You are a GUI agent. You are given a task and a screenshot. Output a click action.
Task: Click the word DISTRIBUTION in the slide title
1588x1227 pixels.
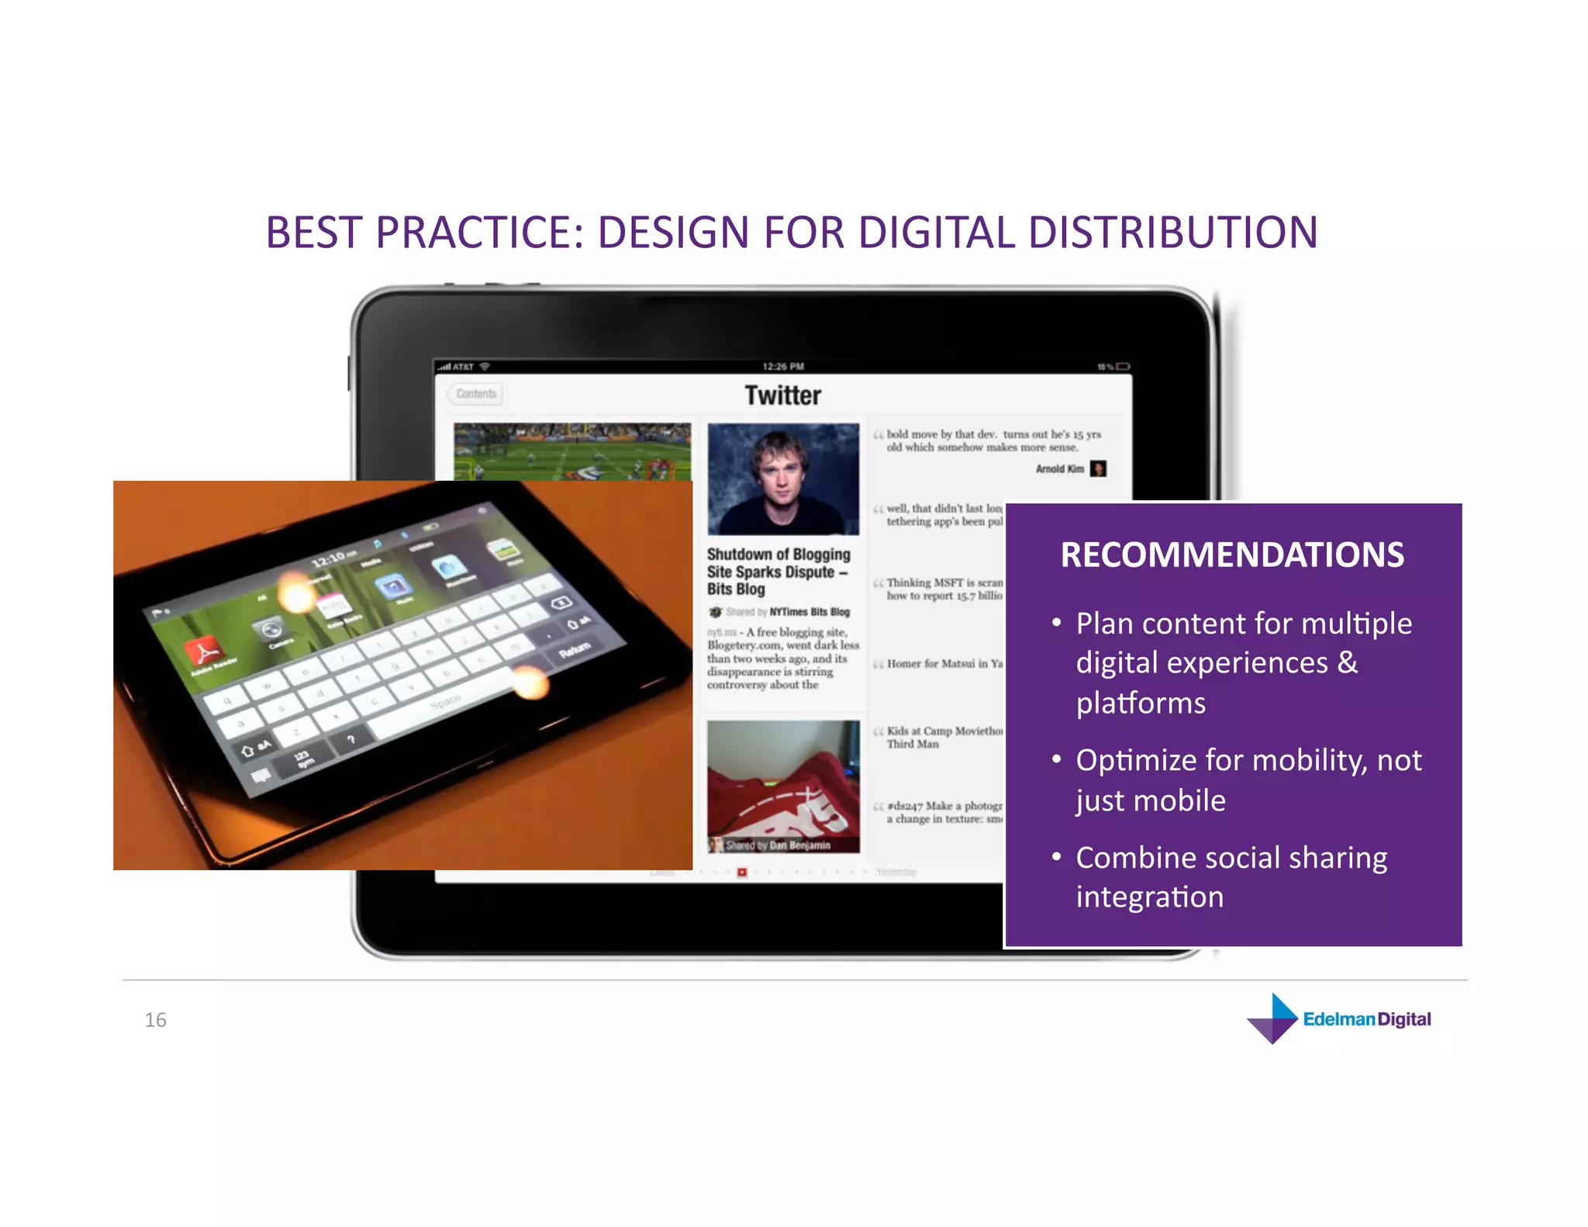tap(1172, 233)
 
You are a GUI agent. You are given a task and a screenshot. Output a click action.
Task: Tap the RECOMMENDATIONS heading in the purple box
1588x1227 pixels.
tap(1231, 555)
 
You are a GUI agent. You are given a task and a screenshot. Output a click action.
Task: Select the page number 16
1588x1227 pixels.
tap(155, 1020)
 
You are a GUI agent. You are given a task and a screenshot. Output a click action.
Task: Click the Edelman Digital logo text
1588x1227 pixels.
tap(1366, 1019)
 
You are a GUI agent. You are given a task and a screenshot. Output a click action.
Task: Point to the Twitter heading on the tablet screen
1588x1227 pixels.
tap(782, 396)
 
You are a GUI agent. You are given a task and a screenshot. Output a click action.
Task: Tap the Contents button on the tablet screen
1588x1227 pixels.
tap(476, 394)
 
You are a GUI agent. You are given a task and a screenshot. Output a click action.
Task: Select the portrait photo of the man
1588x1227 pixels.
tap(782, 479)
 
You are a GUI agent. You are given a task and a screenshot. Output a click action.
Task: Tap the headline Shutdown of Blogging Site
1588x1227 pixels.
tap(778, 571)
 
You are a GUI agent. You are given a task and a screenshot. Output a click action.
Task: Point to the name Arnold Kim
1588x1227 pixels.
tap(1059, 469)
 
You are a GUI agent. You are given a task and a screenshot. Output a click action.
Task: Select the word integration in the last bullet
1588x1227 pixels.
tap(1149, 897)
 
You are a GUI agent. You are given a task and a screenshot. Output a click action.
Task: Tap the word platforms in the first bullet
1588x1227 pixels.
tap(1141, 703)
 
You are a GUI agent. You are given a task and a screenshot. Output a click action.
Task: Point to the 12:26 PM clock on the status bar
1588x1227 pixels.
tap(782, 367)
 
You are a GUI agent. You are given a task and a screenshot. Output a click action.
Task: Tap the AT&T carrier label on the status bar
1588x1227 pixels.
tap(463, 367)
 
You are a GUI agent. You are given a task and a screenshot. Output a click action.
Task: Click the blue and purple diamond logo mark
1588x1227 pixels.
tap(1272, 1019)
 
